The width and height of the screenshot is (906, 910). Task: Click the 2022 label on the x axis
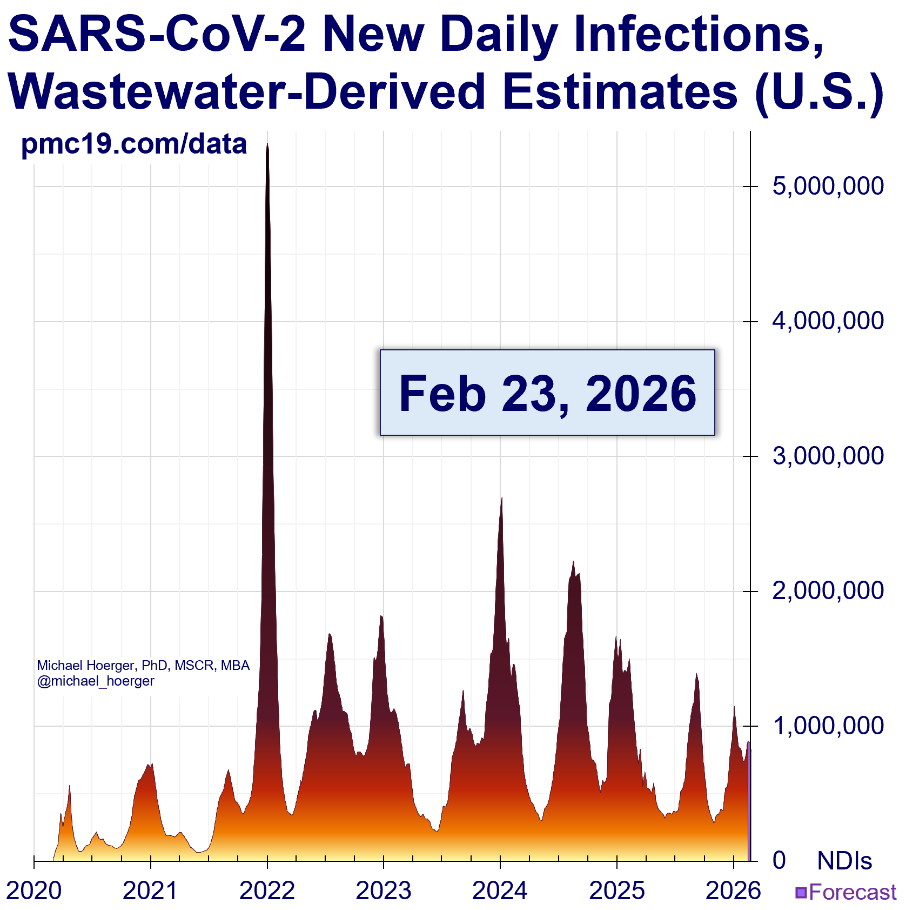click(267, 891)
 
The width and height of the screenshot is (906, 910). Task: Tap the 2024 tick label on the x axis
click(500, 891)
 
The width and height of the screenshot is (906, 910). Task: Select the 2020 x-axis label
click(34, 891)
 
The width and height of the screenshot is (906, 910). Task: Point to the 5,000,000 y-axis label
click(828, 186)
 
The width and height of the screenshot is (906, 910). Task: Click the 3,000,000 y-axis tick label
click(828, 456)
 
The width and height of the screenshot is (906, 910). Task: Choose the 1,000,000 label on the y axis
click(828, 726)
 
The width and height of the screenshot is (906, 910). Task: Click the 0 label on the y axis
click(779, 860)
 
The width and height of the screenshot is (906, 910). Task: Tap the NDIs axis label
click(844, 861)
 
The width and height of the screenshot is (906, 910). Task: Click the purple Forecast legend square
click(801, 892)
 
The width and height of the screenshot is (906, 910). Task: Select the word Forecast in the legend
click(853, 892)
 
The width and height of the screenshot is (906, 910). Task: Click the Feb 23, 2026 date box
click(547, 393)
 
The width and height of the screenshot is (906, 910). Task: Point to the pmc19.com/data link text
click(134, 144)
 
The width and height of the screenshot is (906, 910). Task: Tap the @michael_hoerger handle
click(96, 681)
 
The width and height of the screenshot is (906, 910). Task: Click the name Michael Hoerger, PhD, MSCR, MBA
click(143, 666)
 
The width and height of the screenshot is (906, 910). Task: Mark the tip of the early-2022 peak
click(267, 144)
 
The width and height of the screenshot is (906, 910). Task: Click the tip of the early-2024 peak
click(502, 498)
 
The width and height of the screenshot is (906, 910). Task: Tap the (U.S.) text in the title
click(818, 92)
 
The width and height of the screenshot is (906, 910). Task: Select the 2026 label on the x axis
click(733, 891)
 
